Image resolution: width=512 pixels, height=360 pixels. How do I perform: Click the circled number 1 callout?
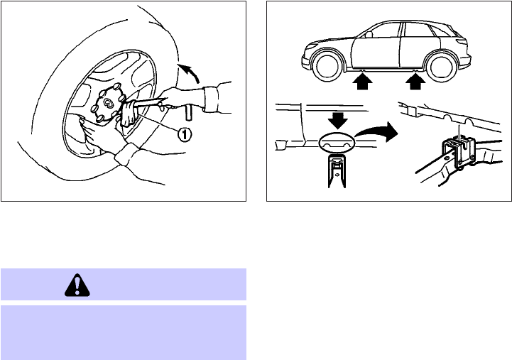184,133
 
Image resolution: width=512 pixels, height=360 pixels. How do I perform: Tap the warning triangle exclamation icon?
77,285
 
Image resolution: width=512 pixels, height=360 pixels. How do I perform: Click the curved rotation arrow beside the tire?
190,73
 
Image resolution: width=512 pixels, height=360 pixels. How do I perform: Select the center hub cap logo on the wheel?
107,103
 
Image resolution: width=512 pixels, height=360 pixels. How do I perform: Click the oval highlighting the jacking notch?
337,142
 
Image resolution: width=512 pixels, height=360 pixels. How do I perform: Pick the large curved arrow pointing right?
378,131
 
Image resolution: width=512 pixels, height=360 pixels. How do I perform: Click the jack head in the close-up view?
459,153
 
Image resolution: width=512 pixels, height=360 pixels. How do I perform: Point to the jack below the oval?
337,172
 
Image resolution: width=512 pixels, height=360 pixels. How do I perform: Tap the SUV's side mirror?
369,34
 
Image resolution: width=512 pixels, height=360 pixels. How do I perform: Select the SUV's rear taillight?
462,42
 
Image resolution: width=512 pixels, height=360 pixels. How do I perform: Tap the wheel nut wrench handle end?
188,113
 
